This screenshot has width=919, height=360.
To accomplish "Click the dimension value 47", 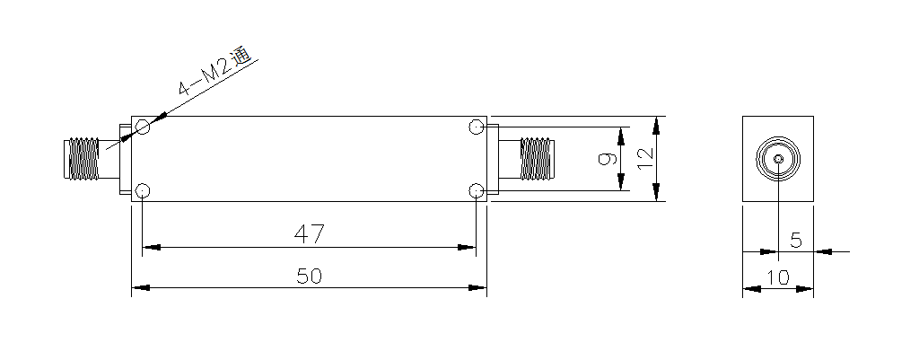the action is (x=309, y=234).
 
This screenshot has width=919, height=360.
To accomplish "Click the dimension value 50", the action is (x=309, y=276).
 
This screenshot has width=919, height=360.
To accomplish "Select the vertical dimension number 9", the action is (x=608, y=158).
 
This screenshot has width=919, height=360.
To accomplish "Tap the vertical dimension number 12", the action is (x=644, y=158).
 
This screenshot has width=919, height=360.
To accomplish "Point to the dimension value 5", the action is (x=796, y=240).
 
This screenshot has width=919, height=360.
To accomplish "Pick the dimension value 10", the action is (x=778, y=277).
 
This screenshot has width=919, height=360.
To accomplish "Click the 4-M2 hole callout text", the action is (x=214, y=71).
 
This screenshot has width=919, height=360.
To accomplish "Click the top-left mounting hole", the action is (x=143, y=127).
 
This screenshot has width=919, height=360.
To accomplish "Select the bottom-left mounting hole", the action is (x=143, y=190).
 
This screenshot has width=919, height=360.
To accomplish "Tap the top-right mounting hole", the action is (x=477, y=127).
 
